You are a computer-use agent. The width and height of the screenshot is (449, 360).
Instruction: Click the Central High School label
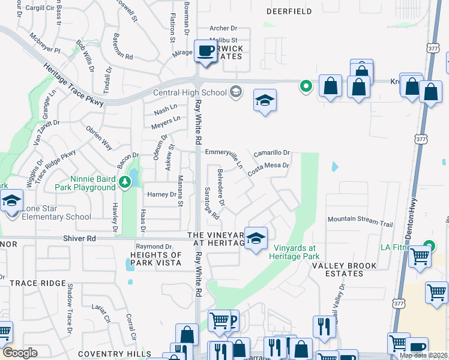[x=190, y=92]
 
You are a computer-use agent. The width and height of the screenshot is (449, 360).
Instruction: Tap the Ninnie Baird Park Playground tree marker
[x=125, y=181]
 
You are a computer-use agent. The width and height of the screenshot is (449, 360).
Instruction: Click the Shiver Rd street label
[x=79, y=238]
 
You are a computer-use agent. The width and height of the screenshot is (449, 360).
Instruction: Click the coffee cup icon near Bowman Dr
[x=205, y=52]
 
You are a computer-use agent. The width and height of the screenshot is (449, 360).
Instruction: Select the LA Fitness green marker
[x=429, y=245]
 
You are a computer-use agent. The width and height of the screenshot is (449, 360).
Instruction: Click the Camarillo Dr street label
[x=271, y=153]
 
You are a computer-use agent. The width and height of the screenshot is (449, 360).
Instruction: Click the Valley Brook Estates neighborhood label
[x=343, y=269]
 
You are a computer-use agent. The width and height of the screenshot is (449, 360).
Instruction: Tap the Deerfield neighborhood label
[x=289, y=11]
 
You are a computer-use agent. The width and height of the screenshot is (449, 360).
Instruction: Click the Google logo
[x=19, y=353]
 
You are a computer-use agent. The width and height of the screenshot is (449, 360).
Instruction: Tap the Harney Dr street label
[x=162, y=194]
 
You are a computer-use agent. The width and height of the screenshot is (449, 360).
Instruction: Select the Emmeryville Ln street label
[x=225, y=155]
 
